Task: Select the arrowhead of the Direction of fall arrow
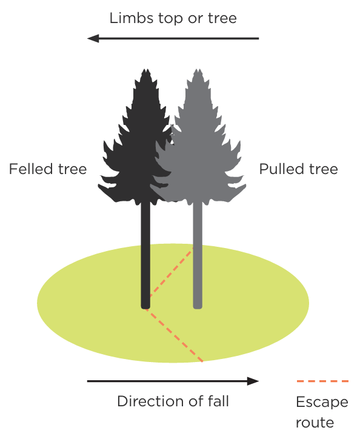253,381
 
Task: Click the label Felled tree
48,169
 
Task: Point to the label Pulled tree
298,169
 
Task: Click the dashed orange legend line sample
322,381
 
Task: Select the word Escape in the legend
322,403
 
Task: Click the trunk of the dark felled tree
145,255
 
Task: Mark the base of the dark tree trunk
145,305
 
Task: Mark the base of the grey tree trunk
198,305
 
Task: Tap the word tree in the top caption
221,18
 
